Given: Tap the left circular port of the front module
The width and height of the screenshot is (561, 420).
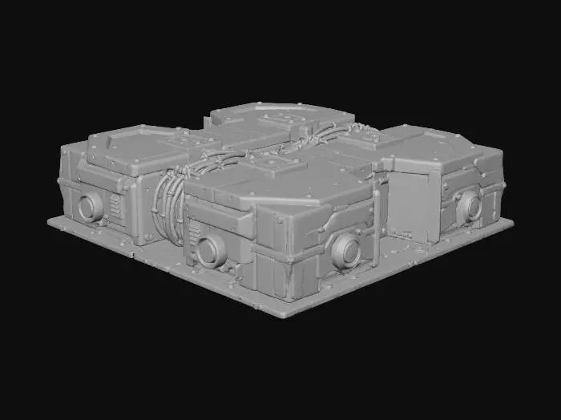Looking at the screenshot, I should click(211, 251).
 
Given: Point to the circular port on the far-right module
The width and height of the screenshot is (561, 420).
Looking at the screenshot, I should click(469, 208).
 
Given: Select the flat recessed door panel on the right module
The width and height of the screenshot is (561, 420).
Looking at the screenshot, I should click(410, 207).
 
